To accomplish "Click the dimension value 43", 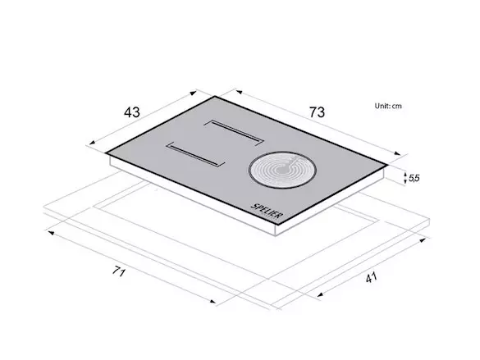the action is tap(132, 112).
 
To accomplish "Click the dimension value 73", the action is tap(317, 112).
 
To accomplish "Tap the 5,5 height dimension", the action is tap(414, 178).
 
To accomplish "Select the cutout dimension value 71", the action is tap(119, 271).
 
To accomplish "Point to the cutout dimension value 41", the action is tap(371, 278).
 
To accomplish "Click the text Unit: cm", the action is tap(388, 106).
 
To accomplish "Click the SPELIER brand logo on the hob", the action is tap(266, 211).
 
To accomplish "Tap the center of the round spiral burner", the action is tap(282, 170).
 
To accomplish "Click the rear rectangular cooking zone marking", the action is tap(234, 132).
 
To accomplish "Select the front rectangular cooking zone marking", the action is tap(196, 154).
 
